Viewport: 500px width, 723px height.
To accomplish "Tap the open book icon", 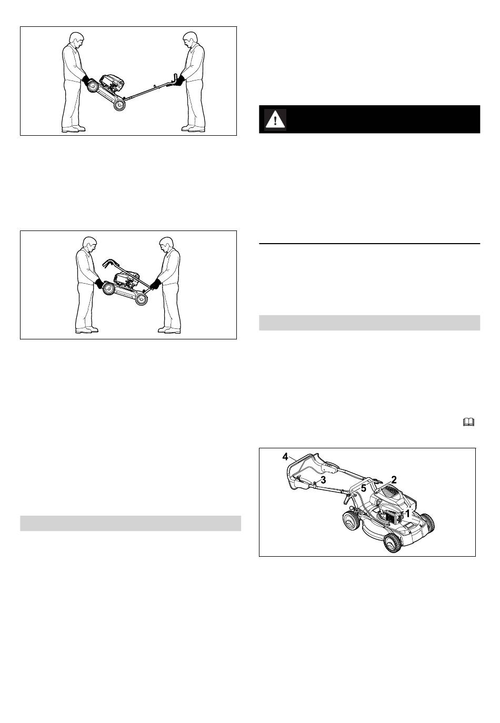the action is (x=468, y=422).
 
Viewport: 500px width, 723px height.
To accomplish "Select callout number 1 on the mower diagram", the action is (x=407, y=513).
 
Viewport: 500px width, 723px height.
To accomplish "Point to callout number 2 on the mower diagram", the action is (x=394, y=479).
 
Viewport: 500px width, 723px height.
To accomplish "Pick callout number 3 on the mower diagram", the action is (x=323, y=480).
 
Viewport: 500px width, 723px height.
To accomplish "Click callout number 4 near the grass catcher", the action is (x=285, y=457).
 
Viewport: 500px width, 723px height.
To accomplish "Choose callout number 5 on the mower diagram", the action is (x=364, y=488).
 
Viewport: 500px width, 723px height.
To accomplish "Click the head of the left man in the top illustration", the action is (x=77, y=39).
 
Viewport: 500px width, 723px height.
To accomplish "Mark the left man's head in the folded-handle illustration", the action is (x=89, y=244).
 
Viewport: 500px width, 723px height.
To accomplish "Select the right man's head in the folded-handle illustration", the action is (x=166, y=244).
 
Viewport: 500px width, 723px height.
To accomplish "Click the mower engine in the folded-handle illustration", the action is (x=127, y=280).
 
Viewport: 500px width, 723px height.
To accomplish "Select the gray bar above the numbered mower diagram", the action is (x=369, y=323).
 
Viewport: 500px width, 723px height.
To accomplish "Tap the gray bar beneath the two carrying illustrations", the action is (x=131, y=523).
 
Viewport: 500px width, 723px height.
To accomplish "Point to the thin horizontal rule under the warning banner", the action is (x=369, y=244).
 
